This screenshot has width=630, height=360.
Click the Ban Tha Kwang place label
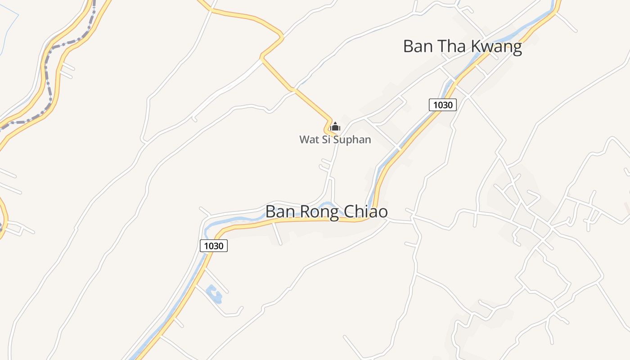(x=462, y=46)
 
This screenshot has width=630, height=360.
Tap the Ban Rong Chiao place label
(x=326, y=211)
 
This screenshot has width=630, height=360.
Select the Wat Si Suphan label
(x=335, y=139)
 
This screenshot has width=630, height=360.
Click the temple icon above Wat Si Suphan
(x=335, y=127)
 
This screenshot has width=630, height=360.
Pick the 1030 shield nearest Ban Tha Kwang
(x=443, y=105)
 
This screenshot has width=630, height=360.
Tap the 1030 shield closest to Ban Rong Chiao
(x=214, y=246)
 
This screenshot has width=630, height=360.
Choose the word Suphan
(x=355, y=140)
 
